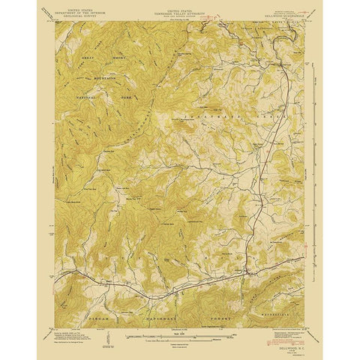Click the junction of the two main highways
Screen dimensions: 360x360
pos(248,274)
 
